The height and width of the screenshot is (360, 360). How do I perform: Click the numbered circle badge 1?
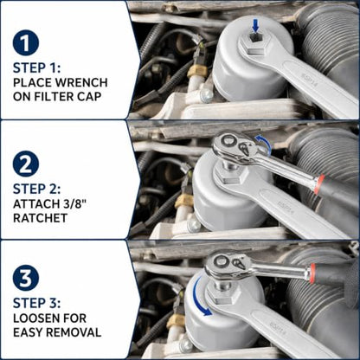(x=26, y=43)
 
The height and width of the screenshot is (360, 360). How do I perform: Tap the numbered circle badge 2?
(x=26, y=164)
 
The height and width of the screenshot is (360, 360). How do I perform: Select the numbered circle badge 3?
(x=26, y=278)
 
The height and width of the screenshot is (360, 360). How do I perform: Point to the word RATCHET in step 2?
(x=41, y=218)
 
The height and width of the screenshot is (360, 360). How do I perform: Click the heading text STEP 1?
(x=36, y=68)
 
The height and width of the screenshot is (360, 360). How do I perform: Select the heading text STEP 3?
(x=36, y=304)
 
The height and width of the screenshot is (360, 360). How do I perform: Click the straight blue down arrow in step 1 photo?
(x=255, y=25)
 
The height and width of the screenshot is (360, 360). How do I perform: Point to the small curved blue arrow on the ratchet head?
(x=265, y=144)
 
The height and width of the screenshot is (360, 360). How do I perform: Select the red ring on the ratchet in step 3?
(x=311, y=273)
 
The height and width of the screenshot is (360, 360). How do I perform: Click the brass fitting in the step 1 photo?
(x=196, y=71)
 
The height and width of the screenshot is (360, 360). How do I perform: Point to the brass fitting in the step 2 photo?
(x=183, y=202)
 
